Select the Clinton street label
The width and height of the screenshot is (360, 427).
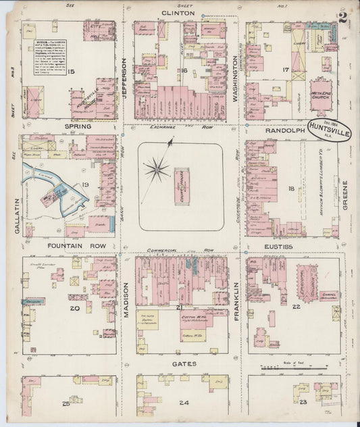[x=178, y=13]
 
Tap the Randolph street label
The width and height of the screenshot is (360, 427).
[x=271, y=126]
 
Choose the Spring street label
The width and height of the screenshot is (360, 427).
[x=78, y=126]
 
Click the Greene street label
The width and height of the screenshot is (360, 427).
[x=344, y=196]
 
